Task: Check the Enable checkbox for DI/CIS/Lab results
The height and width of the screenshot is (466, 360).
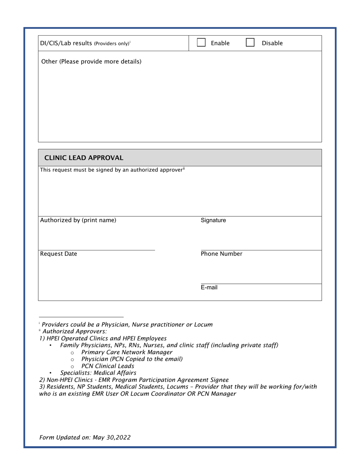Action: pos(201,43)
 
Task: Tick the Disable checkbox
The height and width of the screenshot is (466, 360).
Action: pos(250,43)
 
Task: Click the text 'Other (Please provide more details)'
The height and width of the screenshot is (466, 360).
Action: pos(91,61)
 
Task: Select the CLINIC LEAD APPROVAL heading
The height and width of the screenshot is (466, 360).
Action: pos(84,158)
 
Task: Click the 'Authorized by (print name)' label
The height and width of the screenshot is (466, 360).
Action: pos(78,220)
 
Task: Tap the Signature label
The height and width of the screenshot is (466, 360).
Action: pos(213,220)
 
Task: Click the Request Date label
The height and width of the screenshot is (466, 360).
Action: pos(58,254)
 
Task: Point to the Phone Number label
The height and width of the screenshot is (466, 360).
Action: pos(221,254)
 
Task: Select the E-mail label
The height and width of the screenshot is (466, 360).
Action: pos(209,287)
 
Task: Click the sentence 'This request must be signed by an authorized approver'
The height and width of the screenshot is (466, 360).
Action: pos(112,170)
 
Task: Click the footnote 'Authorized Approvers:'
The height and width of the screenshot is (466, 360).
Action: pos(75,331)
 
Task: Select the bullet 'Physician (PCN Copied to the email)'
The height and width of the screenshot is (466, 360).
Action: pos(132,359)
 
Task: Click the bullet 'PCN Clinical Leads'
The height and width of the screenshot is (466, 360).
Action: pos(108,366)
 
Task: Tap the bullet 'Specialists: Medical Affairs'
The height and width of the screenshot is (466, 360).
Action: pos(98,373)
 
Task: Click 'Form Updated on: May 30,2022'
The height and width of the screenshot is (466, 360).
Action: pos(85,437)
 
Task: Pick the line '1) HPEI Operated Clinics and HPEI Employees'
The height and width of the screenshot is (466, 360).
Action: pos(103,338)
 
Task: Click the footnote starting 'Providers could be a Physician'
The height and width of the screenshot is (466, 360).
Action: pos(127,324)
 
